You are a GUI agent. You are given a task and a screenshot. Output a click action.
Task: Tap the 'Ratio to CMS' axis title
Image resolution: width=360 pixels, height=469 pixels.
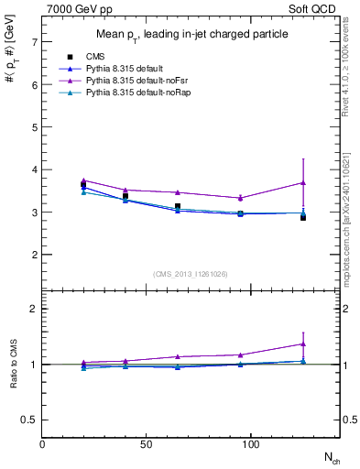[13, 364]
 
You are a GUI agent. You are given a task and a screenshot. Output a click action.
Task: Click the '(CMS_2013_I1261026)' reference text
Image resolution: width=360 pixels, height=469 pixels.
[191, 275]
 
